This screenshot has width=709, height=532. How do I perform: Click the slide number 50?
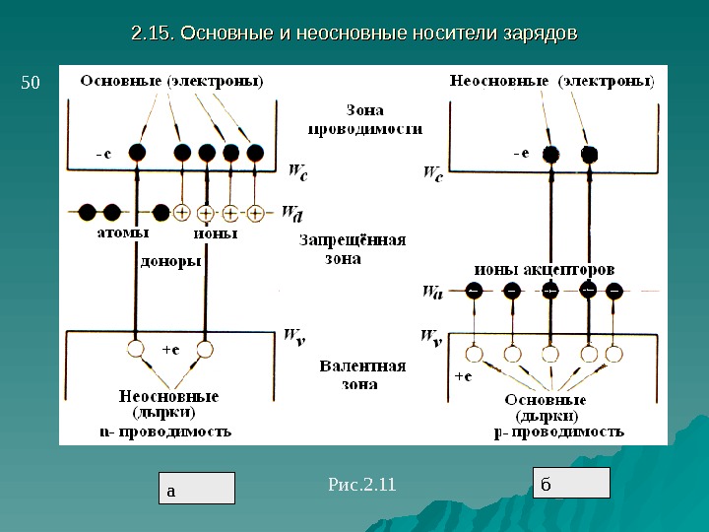(30, 84)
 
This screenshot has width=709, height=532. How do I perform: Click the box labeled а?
(198, 488)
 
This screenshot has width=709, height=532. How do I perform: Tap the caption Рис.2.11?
(360, 484)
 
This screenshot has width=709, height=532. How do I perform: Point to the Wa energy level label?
(431, 291)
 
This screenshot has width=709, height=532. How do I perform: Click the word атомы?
(123, 234)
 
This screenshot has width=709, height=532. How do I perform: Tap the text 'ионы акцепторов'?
(546, 268)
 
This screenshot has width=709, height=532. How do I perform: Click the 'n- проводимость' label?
(165, 431)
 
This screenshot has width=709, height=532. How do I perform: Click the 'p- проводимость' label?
(557, 431)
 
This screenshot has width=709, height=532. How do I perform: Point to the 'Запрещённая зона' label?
(351, 250)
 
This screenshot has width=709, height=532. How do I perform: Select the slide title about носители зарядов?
(354, 33)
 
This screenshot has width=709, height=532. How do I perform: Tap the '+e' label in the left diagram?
(168, 348)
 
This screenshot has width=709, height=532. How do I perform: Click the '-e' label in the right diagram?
(521, 153)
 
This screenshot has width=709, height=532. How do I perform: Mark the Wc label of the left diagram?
(297, 175)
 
